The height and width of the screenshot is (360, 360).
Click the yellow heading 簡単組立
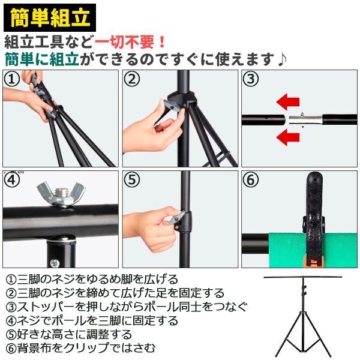[50, 17]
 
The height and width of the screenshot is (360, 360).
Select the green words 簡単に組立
[42, 59]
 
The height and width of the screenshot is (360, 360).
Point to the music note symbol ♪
[282, 59]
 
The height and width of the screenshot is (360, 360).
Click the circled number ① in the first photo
[11, 79]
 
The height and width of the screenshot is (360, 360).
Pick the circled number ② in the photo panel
[131, 79]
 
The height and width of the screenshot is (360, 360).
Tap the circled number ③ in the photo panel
[250, 79]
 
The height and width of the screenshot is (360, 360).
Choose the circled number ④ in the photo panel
[12, 179]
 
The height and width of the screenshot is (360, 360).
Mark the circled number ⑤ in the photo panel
[131, 179]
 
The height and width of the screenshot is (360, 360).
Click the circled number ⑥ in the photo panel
[250, 179]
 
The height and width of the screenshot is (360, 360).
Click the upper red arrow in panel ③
[288, 102]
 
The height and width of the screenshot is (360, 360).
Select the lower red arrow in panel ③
[288, 137]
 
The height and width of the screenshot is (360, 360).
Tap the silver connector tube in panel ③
[305, 120]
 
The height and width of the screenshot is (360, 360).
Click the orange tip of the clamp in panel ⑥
[314, 262]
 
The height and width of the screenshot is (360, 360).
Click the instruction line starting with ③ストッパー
[126, 307]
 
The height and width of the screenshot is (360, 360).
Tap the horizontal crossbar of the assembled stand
[303, 277]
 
